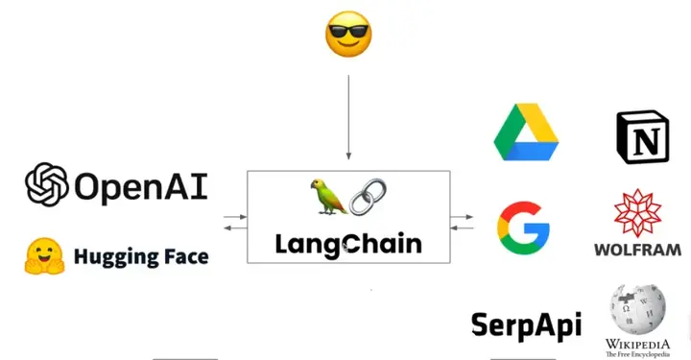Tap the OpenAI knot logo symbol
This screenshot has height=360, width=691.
47,184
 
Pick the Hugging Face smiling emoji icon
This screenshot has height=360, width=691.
43,255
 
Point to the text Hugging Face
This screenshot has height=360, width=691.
140,256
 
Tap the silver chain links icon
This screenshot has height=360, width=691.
366,196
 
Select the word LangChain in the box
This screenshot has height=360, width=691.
348,244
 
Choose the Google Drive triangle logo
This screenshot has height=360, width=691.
526,133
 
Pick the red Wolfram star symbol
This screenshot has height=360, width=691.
639,213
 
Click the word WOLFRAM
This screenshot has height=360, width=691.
638,250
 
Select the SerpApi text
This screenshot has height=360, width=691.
526,324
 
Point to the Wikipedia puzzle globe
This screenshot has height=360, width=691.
637,308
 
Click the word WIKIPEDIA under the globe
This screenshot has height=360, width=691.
637,343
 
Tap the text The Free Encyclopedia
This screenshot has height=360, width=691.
637,354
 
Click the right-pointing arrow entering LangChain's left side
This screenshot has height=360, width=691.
234,218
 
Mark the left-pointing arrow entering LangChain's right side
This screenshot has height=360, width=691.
463,228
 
